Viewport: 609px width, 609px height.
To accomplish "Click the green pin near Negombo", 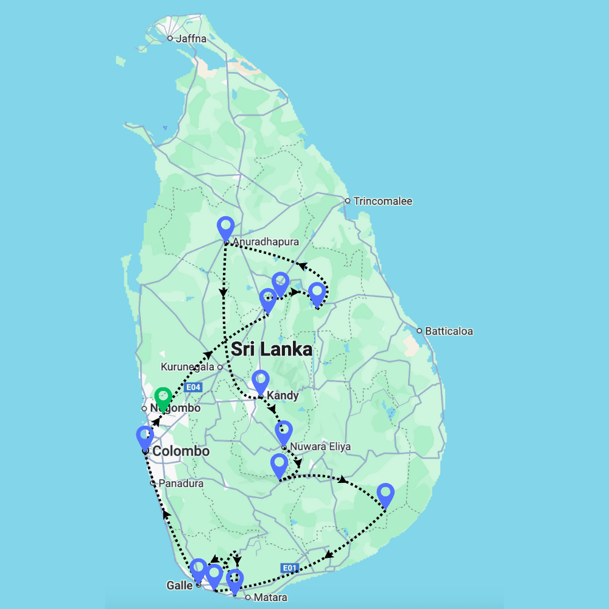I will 161,399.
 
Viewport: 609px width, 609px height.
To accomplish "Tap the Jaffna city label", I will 191,38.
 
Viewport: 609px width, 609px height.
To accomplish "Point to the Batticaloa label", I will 449,331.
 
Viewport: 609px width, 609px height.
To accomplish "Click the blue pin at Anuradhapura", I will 226,228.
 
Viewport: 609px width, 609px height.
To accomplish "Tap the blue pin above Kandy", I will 260,381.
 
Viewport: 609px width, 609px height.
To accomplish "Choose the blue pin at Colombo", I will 145,437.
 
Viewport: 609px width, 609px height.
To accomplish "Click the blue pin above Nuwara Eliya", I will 283,432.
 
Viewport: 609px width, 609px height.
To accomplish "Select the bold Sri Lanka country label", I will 272,349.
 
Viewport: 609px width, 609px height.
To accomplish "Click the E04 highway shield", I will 193,387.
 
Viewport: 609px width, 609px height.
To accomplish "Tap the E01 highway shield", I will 290,568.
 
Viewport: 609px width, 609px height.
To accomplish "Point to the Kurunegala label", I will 188,367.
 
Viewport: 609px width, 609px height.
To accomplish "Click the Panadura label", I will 181,484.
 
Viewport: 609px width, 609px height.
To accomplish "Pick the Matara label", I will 270,597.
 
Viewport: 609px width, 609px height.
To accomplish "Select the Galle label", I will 180,585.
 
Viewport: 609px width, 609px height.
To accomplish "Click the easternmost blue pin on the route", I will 385,494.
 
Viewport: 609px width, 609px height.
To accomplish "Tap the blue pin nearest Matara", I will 234,580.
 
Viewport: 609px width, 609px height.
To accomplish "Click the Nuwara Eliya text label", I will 320,446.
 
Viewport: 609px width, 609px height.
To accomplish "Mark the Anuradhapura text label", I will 266,242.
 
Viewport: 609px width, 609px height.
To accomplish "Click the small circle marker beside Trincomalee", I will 347,200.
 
